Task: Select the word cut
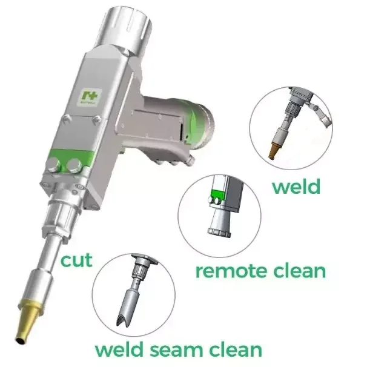point(77,260)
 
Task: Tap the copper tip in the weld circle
point(276,149)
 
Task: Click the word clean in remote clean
point(295,270)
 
